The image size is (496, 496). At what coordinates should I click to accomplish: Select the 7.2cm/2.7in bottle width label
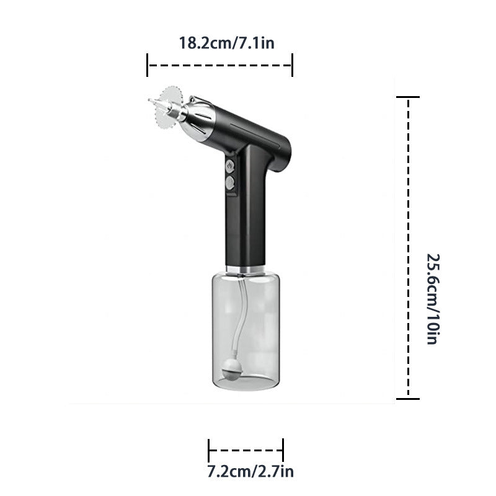(x=250, y=472)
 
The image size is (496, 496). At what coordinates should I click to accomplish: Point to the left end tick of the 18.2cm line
(x=148, y=64)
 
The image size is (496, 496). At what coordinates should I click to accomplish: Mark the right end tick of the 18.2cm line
(x=292, y=64)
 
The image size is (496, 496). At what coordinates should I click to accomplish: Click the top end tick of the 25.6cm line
(x=407, y=97)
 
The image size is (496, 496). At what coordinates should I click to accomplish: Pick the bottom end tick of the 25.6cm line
(x=407, y=399)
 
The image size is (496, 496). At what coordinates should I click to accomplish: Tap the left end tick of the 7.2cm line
(x=210, y=449)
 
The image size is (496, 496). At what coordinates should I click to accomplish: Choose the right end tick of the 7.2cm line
(x=283, y=449)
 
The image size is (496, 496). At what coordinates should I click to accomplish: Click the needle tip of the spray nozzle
(x=150, y=100)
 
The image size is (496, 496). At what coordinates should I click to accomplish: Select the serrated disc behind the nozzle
(x=169, y=108)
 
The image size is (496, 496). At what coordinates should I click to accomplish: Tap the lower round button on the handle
(x=230, y=183)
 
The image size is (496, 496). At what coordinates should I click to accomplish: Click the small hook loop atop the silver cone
(x=193, y=99)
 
